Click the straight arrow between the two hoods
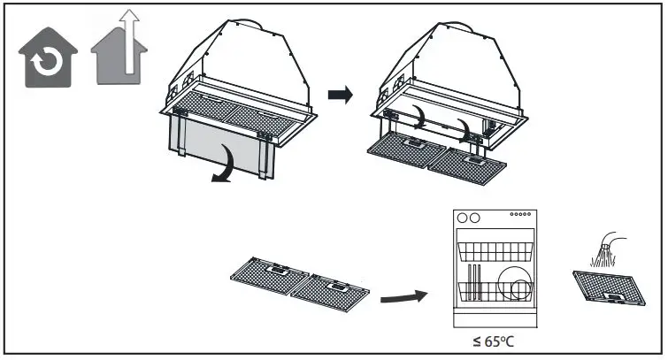339,92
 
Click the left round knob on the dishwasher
460,218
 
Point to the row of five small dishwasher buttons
522,215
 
